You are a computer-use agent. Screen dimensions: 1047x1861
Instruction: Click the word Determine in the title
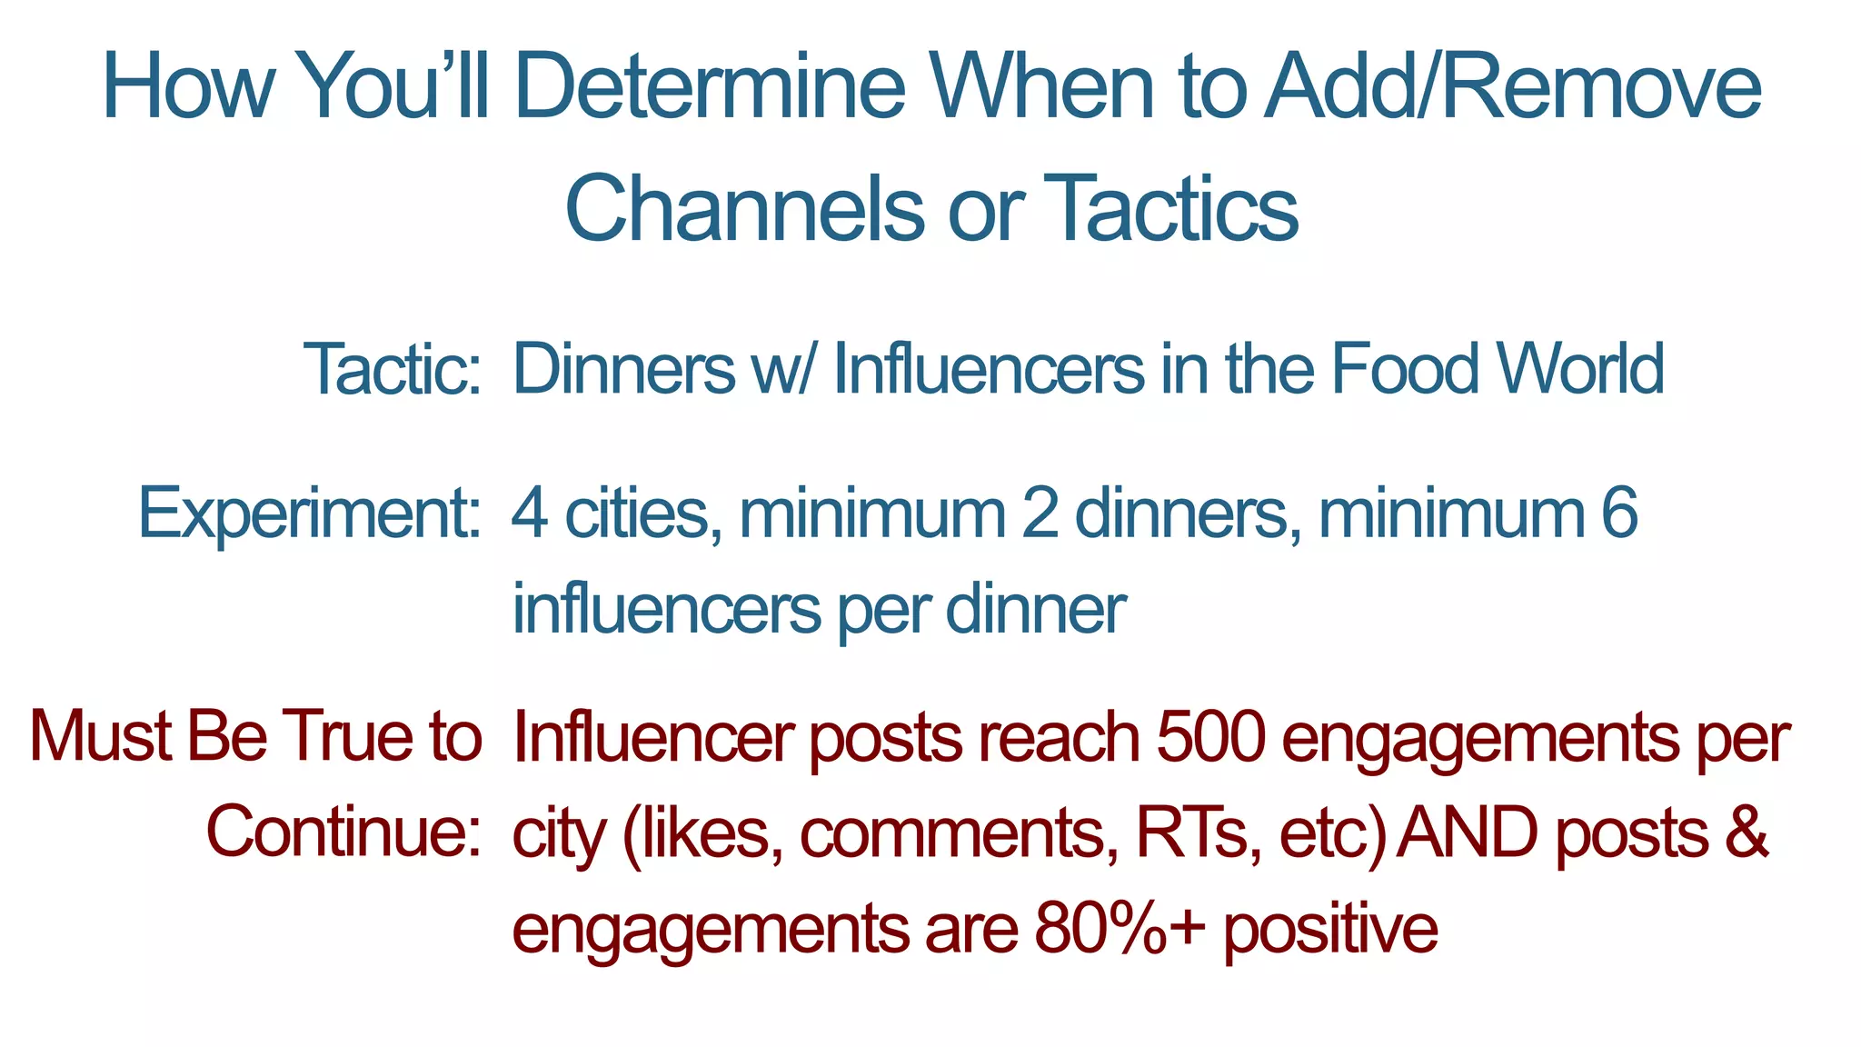tap(710, 87)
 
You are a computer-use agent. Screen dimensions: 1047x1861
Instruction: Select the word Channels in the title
tap(743, 209)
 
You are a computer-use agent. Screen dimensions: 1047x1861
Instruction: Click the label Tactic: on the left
tap(392, 370)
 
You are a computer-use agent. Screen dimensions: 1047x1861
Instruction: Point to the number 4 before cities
tap(529, 514)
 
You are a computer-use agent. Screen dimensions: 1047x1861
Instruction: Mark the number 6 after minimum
tap(1618, 514)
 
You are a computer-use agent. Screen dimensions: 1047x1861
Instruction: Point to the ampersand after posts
tap(1746, 833)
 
